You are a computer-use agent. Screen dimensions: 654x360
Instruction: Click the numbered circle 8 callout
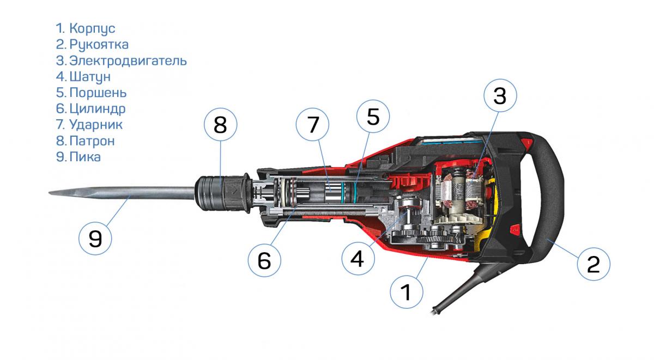tap(220, 125)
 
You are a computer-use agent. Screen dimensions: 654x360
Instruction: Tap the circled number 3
tap(500, 95)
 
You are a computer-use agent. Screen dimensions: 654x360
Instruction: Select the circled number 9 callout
tap(95, 239)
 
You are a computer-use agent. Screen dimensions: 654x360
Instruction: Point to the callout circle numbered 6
tap(264, 260)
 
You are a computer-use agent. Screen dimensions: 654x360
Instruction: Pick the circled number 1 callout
tap(407, 292)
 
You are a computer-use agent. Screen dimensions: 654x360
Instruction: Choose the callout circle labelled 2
tap(594, 264)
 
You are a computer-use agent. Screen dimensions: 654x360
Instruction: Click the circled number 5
tap(373, 117)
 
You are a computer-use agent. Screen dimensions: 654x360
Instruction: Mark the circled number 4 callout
tap(358, 258)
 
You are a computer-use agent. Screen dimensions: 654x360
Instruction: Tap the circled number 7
tap(312, 125)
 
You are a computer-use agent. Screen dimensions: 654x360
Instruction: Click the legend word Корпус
tap(92, 29)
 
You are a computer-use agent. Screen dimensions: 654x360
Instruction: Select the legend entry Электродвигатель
tap(128, 60)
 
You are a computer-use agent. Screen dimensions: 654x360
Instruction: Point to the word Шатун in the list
tap(90, 77)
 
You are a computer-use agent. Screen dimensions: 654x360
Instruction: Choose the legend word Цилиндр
tap(98, 109)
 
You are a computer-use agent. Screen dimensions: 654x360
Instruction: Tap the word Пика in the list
tap(85, 157)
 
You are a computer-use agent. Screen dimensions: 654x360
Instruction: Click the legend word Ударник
tap(96, 125)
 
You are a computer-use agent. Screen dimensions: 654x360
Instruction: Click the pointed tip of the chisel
tap(50, 193)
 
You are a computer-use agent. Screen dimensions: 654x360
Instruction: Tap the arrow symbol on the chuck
tap(233, 192)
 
